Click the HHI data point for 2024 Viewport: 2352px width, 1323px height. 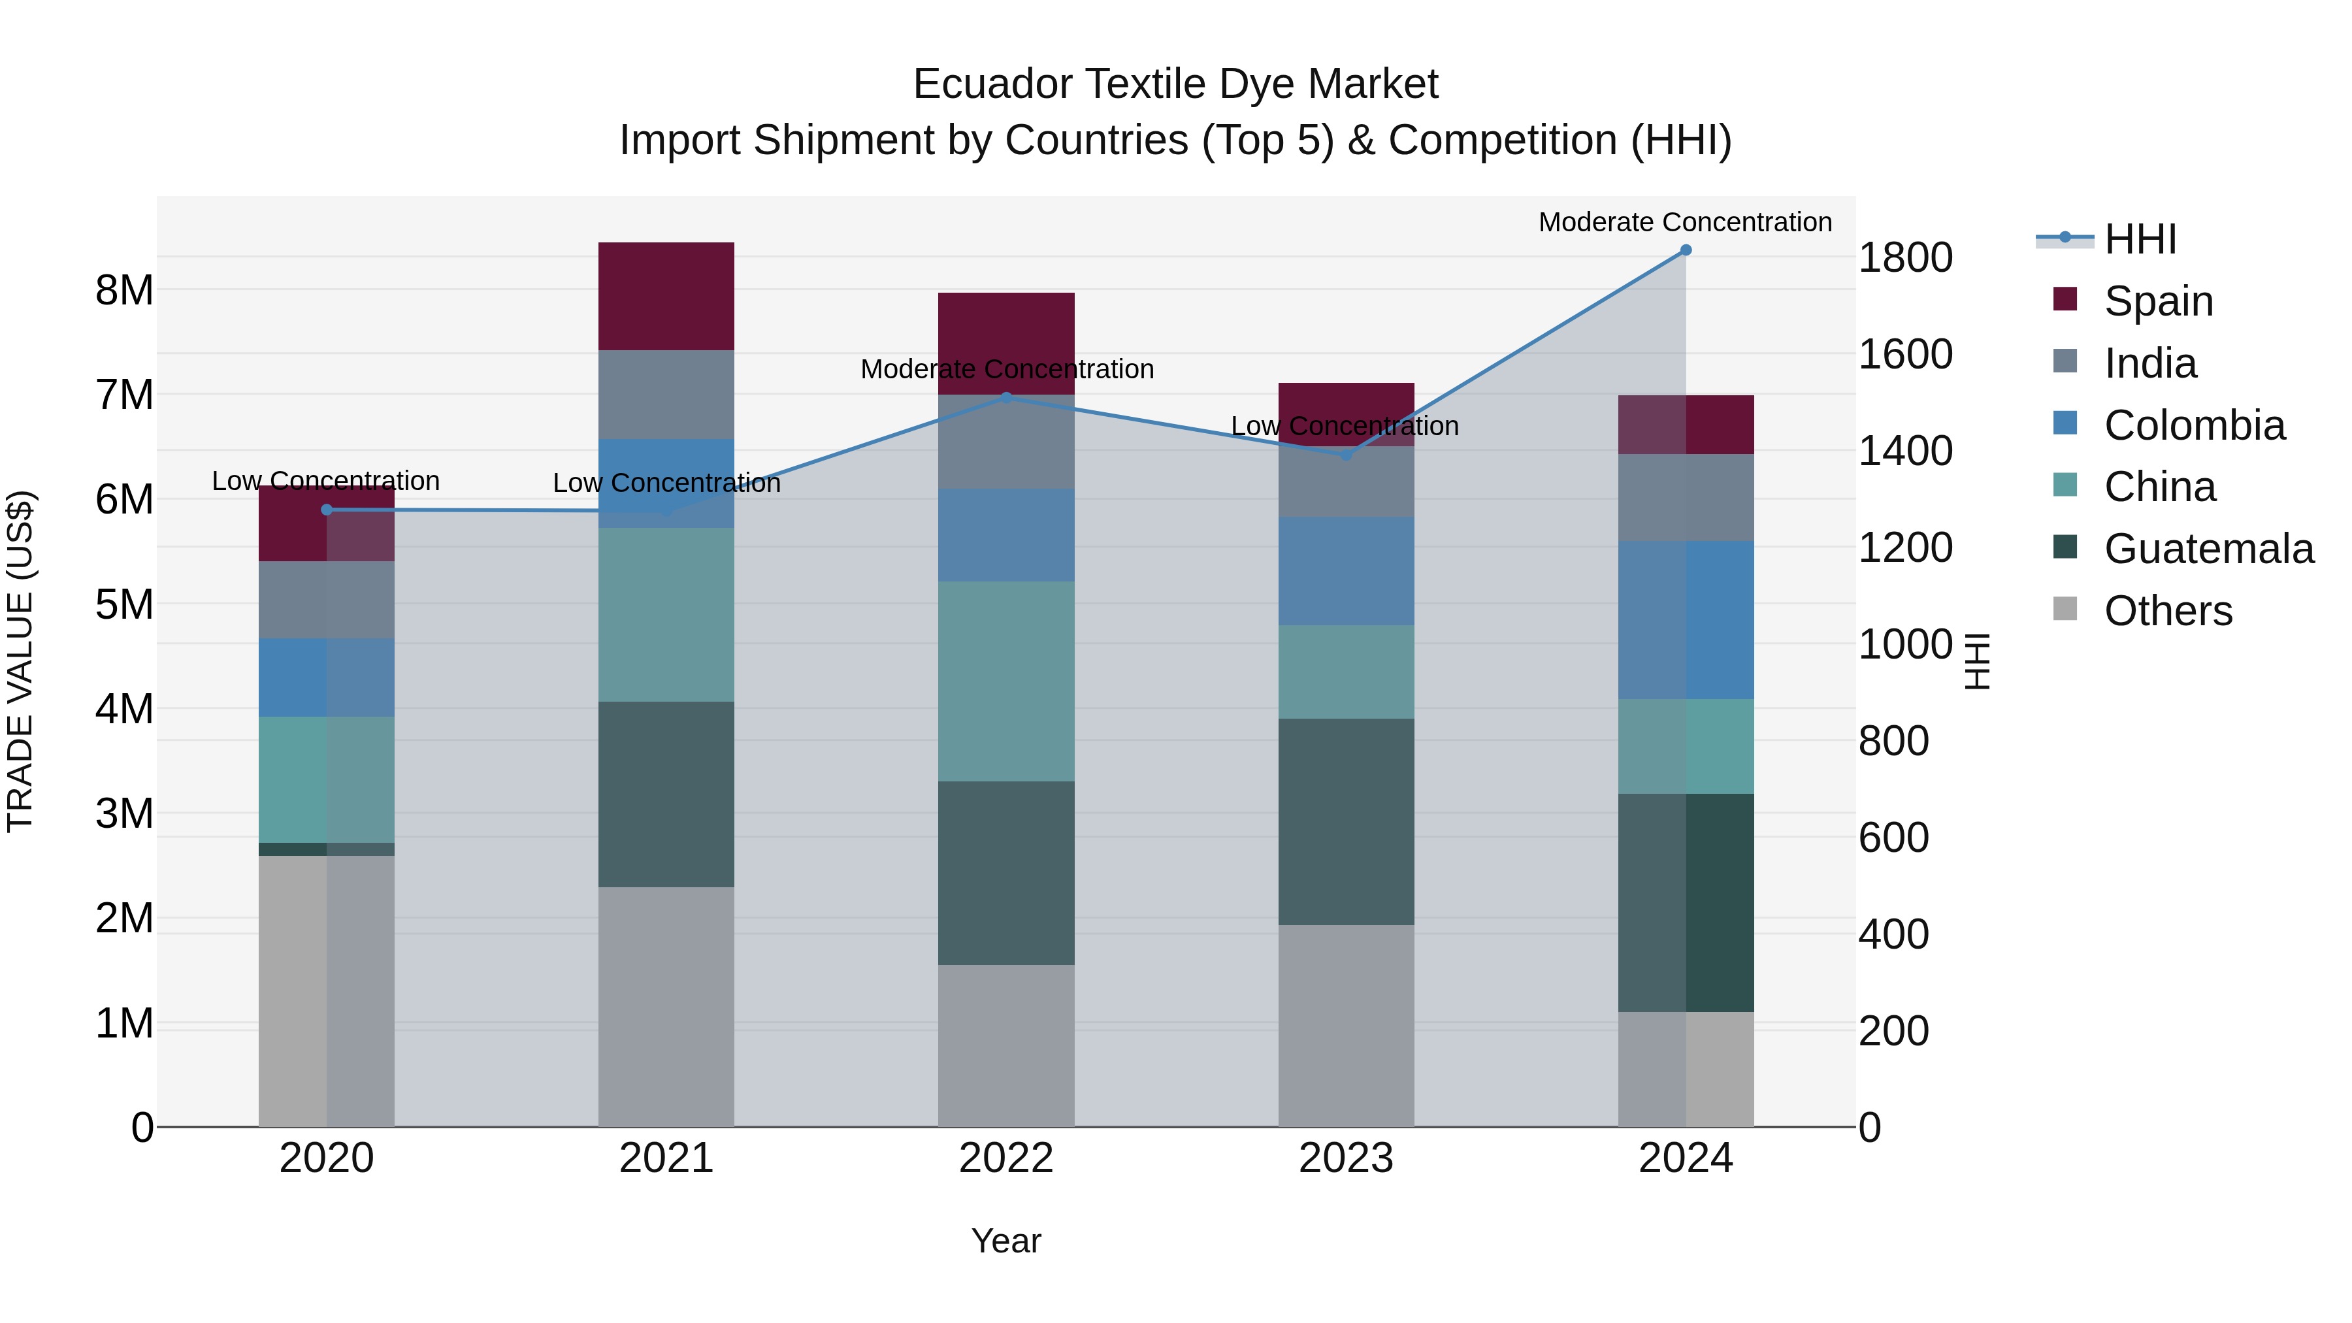(x=1686, y=250)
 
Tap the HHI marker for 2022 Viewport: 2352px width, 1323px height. (x=1006, y=397)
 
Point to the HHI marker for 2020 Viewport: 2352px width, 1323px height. (x=327, y=510)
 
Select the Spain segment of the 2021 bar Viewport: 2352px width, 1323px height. (x=666, y=296)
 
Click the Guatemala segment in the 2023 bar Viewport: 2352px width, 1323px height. (x=1346, y=822)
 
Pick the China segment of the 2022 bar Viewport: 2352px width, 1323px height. (x=1006, y=681)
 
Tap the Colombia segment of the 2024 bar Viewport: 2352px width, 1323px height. (x=1686, y=620)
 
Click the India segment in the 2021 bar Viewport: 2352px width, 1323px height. (x=666, y=395)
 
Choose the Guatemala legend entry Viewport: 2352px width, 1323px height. (x=2208, y=549)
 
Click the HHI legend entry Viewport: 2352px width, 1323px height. (x=2139, y=239)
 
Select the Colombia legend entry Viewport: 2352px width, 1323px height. (x=2193, y=425)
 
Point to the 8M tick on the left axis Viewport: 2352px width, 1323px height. (x=124, y=290)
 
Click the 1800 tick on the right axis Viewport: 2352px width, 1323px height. (x=1906, y=257)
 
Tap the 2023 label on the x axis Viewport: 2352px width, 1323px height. (x=1346, y=1158)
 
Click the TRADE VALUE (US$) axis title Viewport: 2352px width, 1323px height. (x=20, y=661)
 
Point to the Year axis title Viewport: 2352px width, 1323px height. (x=1006, y=1241)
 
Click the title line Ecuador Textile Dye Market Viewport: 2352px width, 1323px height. (x=1175, y=84)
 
